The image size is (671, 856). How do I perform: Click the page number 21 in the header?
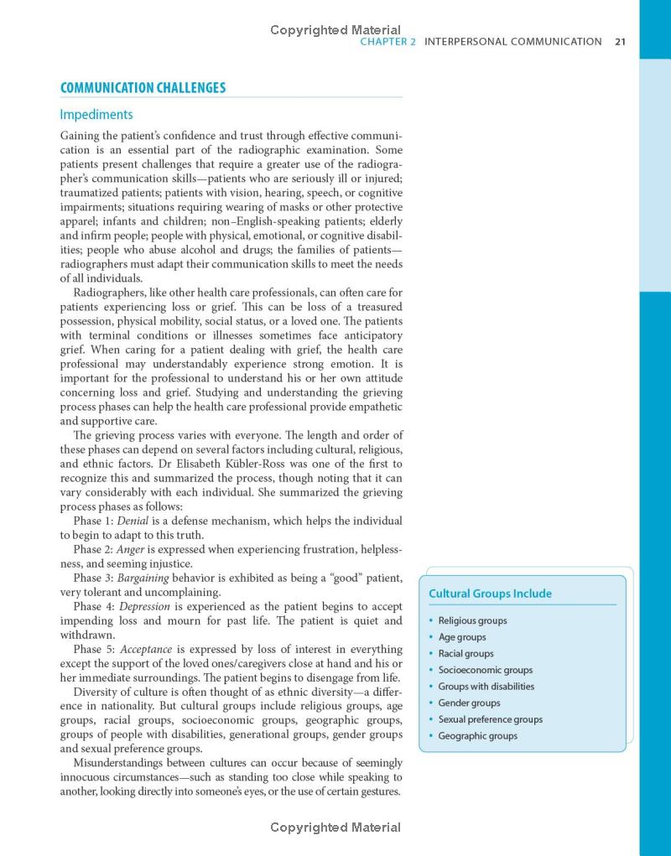coord(621,41)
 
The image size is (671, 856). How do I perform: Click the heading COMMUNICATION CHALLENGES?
coord(143,88)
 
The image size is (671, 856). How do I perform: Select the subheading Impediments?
coord(96,115)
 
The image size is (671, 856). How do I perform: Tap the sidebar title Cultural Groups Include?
coord(490,594)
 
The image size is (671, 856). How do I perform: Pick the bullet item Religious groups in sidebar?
coord(472,620)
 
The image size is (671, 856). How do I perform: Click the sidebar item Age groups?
coord(462,637)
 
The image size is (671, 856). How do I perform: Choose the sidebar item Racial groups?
coord(466,653)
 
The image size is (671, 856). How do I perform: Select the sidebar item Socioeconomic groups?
coord(485,670)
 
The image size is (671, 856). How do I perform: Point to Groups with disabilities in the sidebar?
coord(486,686)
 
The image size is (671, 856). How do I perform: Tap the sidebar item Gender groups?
coord(469,703)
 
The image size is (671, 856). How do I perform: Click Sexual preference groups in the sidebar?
coord(490,719)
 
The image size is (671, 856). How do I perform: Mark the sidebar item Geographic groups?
coord(477,736)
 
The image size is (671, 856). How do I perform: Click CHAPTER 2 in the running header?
coord(388,41)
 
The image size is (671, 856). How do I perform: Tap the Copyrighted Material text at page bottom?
coord(335,827)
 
